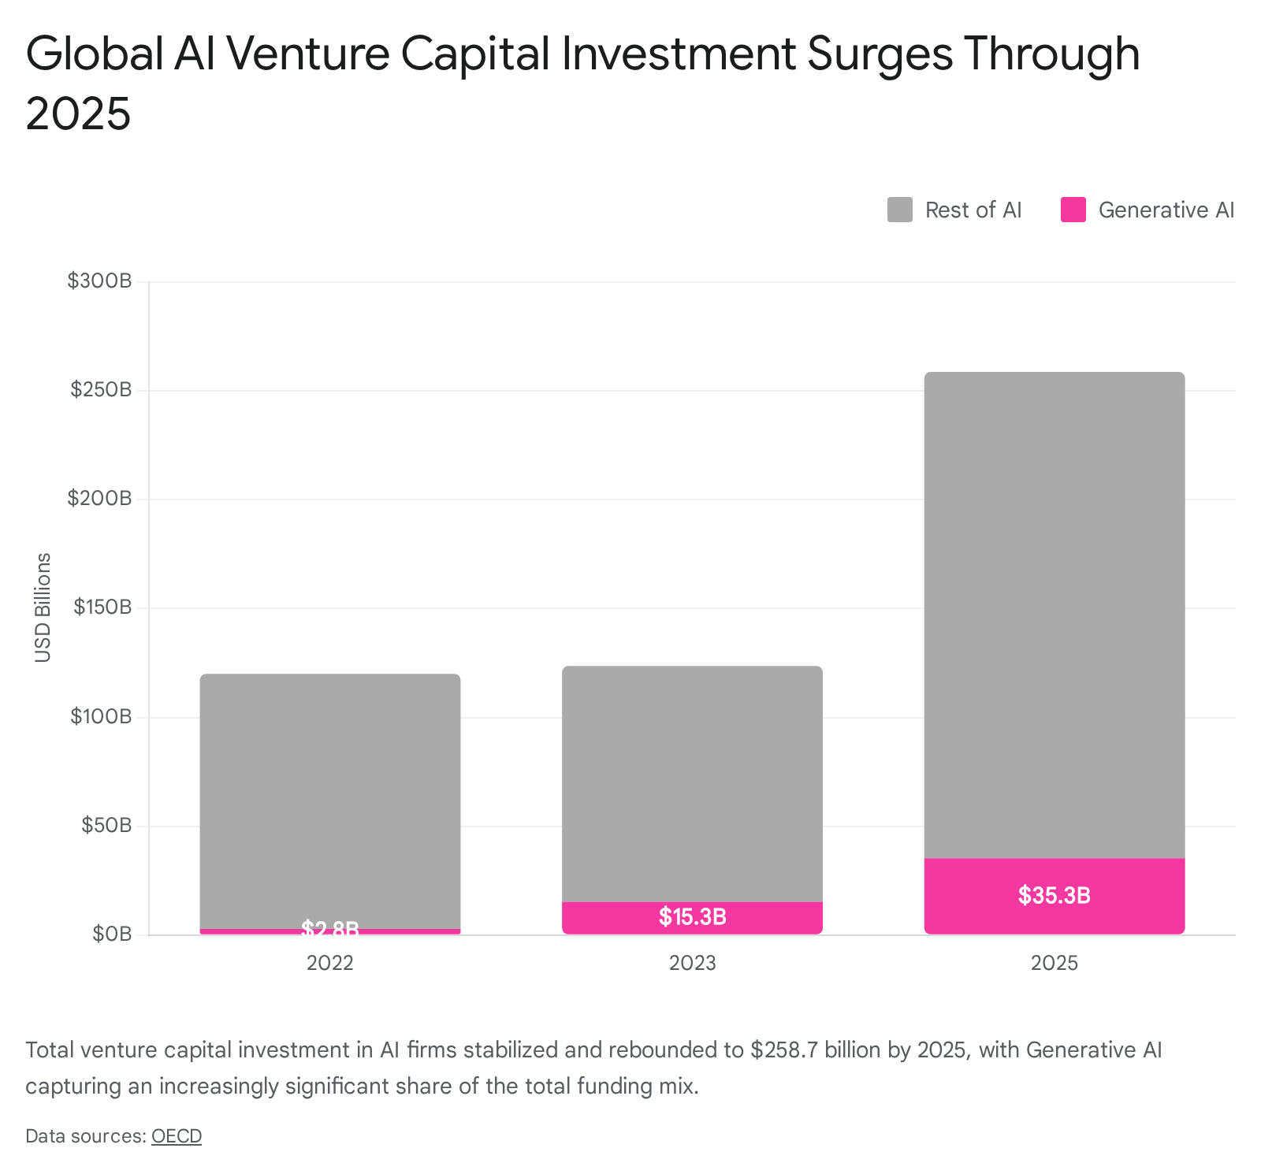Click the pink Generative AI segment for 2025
pos(1055,896)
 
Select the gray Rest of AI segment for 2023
pos(692,784)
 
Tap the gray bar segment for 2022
pos(330,801)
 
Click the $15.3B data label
pos(693,916)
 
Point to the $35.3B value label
pos(1055,895)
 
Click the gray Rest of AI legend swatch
pos(900,210)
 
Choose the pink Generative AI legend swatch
pos(1073,210)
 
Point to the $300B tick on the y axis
pos(99,280)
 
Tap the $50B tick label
pos(106,826)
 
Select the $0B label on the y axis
pos(111,934)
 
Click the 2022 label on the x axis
pos(330,963)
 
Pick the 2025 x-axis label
pos(1055,963)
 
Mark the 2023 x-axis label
pos(693,963)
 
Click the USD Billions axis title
pos(43,607)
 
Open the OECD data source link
pos(177,1136)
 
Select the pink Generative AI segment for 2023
pos(692,918)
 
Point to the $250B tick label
pos(101,389)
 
